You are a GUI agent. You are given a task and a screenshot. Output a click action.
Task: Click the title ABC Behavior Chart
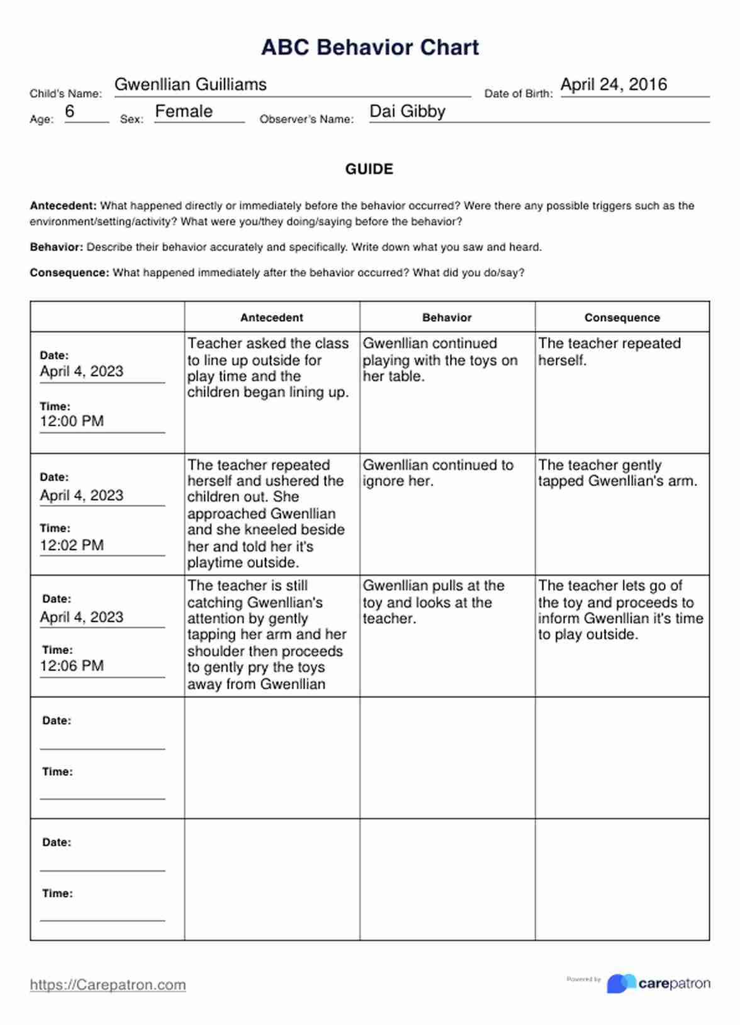pyautogui.click(x=370, y=47)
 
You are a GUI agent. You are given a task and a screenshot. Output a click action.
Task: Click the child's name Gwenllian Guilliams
pyautogui.click(x=190, y=84)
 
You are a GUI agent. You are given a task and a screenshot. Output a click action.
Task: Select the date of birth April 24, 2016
pyautogui.click(x=614, y=84)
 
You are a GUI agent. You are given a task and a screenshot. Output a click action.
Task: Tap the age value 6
pyautogui.click(x=70, y=111)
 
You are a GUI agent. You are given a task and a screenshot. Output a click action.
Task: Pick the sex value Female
pyautogui.click(x=184, y=111)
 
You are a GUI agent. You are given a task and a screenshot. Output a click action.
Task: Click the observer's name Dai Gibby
pyautogui.click(x=407, y=111)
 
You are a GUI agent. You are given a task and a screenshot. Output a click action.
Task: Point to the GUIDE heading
pyautogui.click(x=369, y=169)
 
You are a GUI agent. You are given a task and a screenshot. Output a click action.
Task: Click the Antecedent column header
pyautogui.click(x=272, y=318)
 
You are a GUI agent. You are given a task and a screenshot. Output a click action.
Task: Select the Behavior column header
pyautogui.click(x=447, y=318)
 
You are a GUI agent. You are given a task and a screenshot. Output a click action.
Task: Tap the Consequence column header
pyautogui.click(x=622, y=318)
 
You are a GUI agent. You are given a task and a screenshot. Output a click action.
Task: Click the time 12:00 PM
pyautogui.click(x=72, y=421)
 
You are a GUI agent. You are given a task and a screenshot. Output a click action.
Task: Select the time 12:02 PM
pyautogui.click(x=72, y=545)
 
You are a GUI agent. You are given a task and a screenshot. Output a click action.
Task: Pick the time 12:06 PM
pyautogui.click(x=72, y=665)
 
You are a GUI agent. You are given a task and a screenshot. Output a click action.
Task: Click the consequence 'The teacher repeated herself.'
pyautogui.click(x=609, y=352)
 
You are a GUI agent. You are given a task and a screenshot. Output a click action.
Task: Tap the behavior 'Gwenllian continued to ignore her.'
pyautogui.click(x=438, y=473)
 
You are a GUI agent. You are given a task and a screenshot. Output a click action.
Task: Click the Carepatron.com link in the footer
pyautogui.click(x=108, y=985)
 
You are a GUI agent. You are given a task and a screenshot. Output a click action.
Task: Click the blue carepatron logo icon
pyautogui.click(x=620, y=983)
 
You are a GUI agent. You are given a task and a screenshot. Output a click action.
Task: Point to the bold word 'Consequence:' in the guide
pyautogui.click(x=70, y=273)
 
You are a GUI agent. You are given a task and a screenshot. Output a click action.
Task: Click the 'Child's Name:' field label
pyautogui.click(x=65, y=94)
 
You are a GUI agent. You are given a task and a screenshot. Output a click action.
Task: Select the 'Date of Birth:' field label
pyautogui.click(x=519, y=94)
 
